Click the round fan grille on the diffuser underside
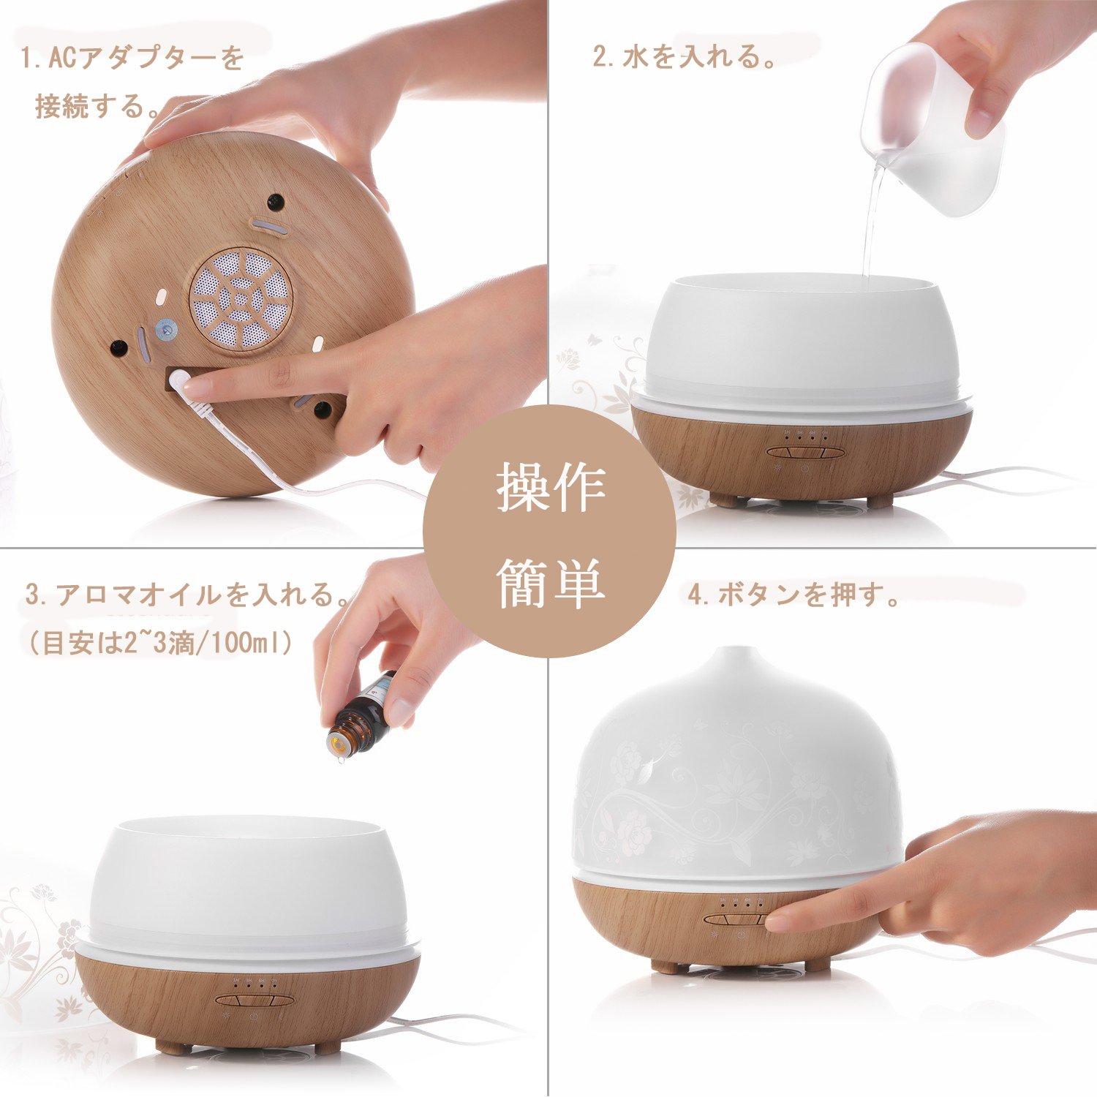[x=241, y=298]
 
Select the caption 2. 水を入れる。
[x=685, y=57]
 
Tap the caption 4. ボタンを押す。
[x=794, y=595]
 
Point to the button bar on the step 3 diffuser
[x=255, y=1000]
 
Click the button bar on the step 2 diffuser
[x=802, y=452]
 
